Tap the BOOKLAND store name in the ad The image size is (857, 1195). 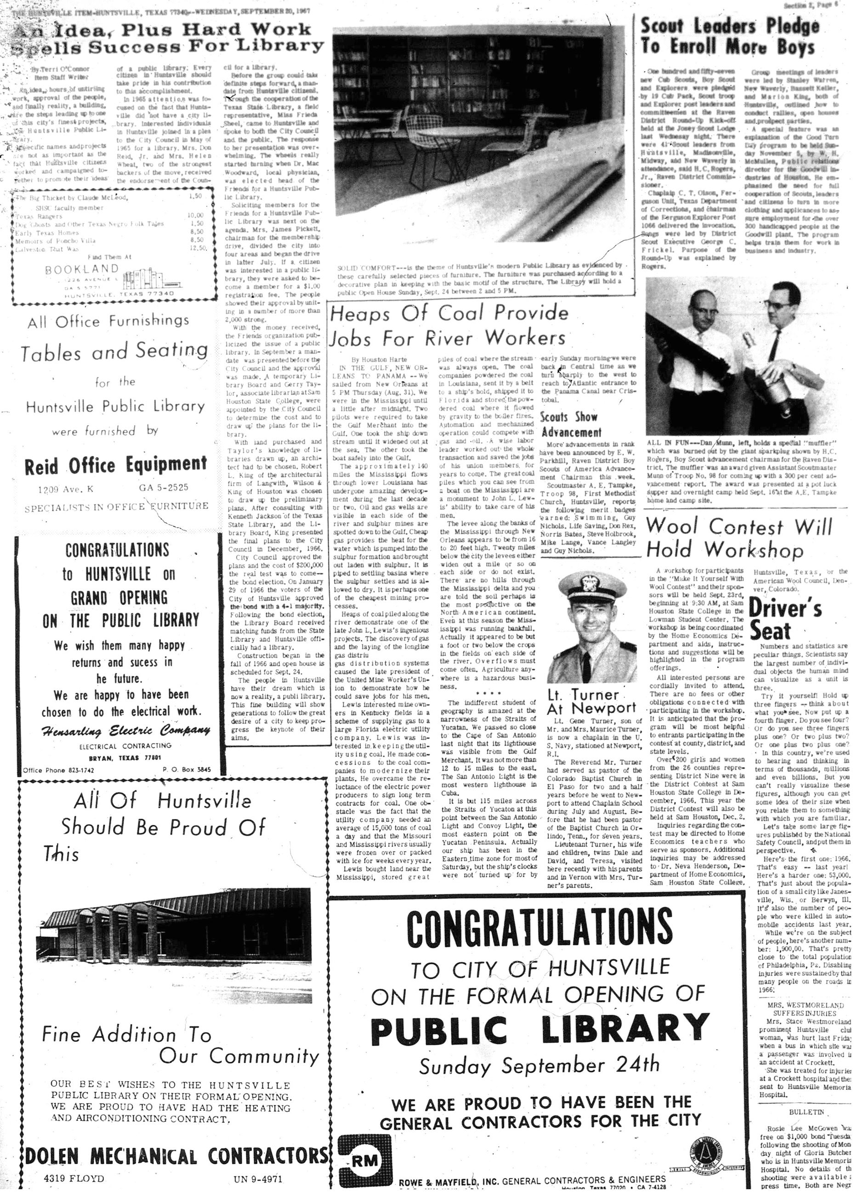click(82, 269)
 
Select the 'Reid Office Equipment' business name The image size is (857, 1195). click(115, 465)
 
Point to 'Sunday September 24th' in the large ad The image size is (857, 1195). click(539, 1065)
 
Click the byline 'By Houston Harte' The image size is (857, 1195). click(379, 359)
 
